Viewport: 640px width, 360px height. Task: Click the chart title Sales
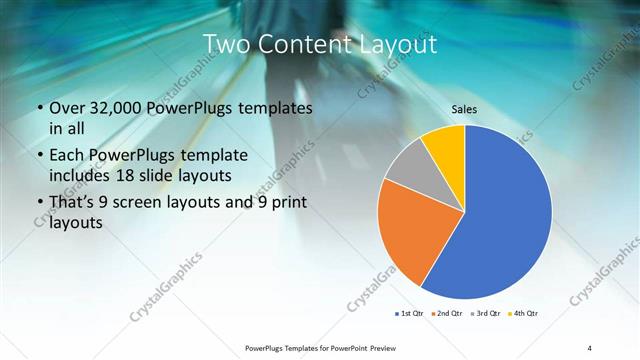click(465, 109)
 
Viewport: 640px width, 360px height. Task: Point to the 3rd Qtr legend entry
click(485, 314)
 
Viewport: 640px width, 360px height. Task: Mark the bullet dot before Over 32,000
click(39, 109)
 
